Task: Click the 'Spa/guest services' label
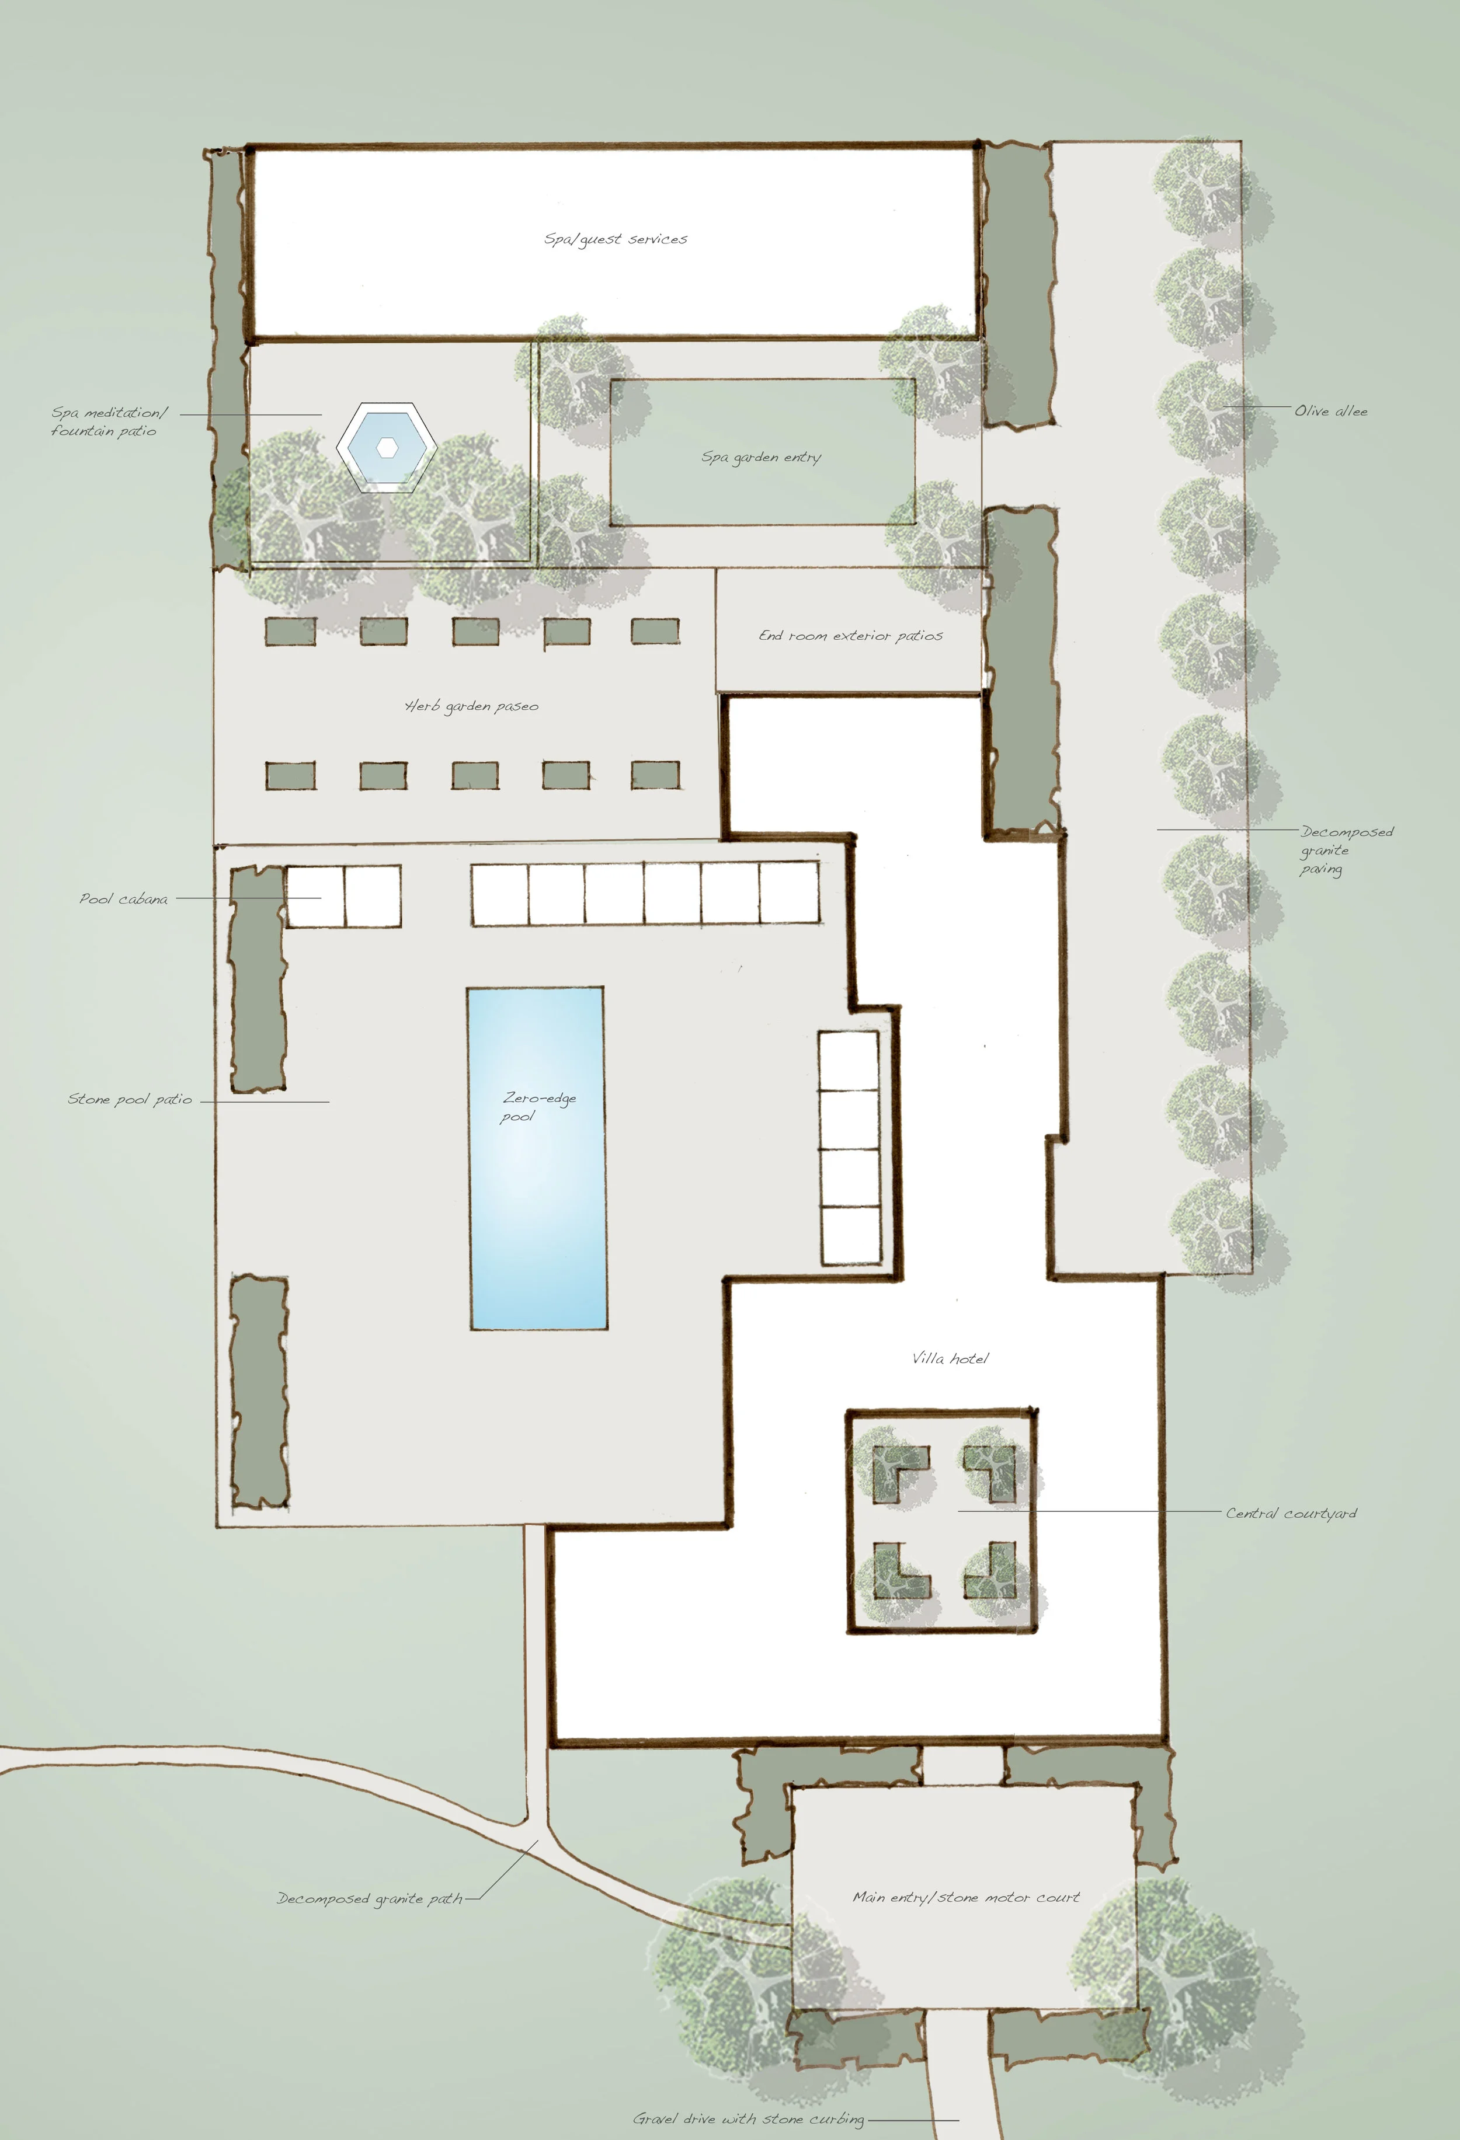(x=616, y=239)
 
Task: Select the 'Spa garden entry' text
(x=761, y=456)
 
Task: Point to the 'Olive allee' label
(x=1331, y=411)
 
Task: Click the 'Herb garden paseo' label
(x=472, y=706)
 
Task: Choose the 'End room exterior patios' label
(x=850, y=635)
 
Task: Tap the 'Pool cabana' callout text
(x=123, y=899)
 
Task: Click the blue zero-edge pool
(x=538, y=1158)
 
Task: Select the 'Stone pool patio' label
(x=130, y=1099)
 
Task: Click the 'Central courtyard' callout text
(x=1291, y=1513)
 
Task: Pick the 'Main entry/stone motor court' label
(x=967, y=1897)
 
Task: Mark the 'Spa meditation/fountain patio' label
(x=109, y=421)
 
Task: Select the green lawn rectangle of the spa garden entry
(x=763, y=452)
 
